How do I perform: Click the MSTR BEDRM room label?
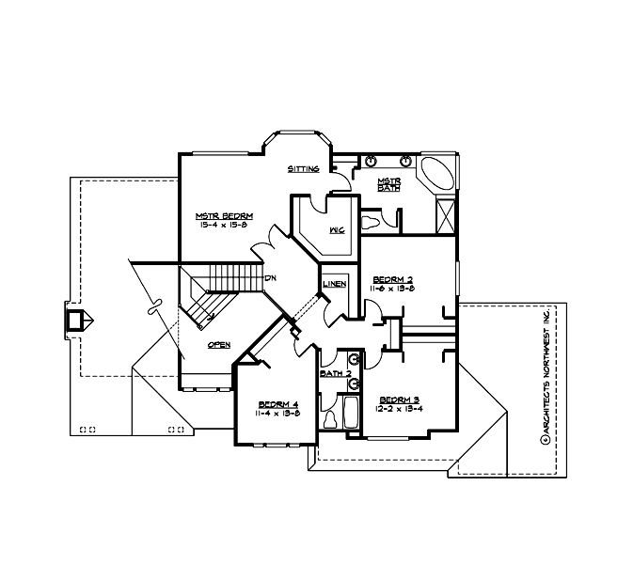coord(223,214)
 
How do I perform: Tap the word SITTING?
coord(304,169)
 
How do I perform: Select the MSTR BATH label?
coord(389,184)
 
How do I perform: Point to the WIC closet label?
coord(336,228)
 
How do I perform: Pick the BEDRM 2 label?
coord(393,279)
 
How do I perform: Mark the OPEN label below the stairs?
coord(218,345)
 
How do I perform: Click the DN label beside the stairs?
coord(270,278)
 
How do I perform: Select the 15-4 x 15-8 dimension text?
coord(223,225)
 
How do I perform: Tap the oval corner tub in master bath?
coord(435,177)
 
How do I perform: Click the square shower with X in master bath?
coord(445,214)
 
